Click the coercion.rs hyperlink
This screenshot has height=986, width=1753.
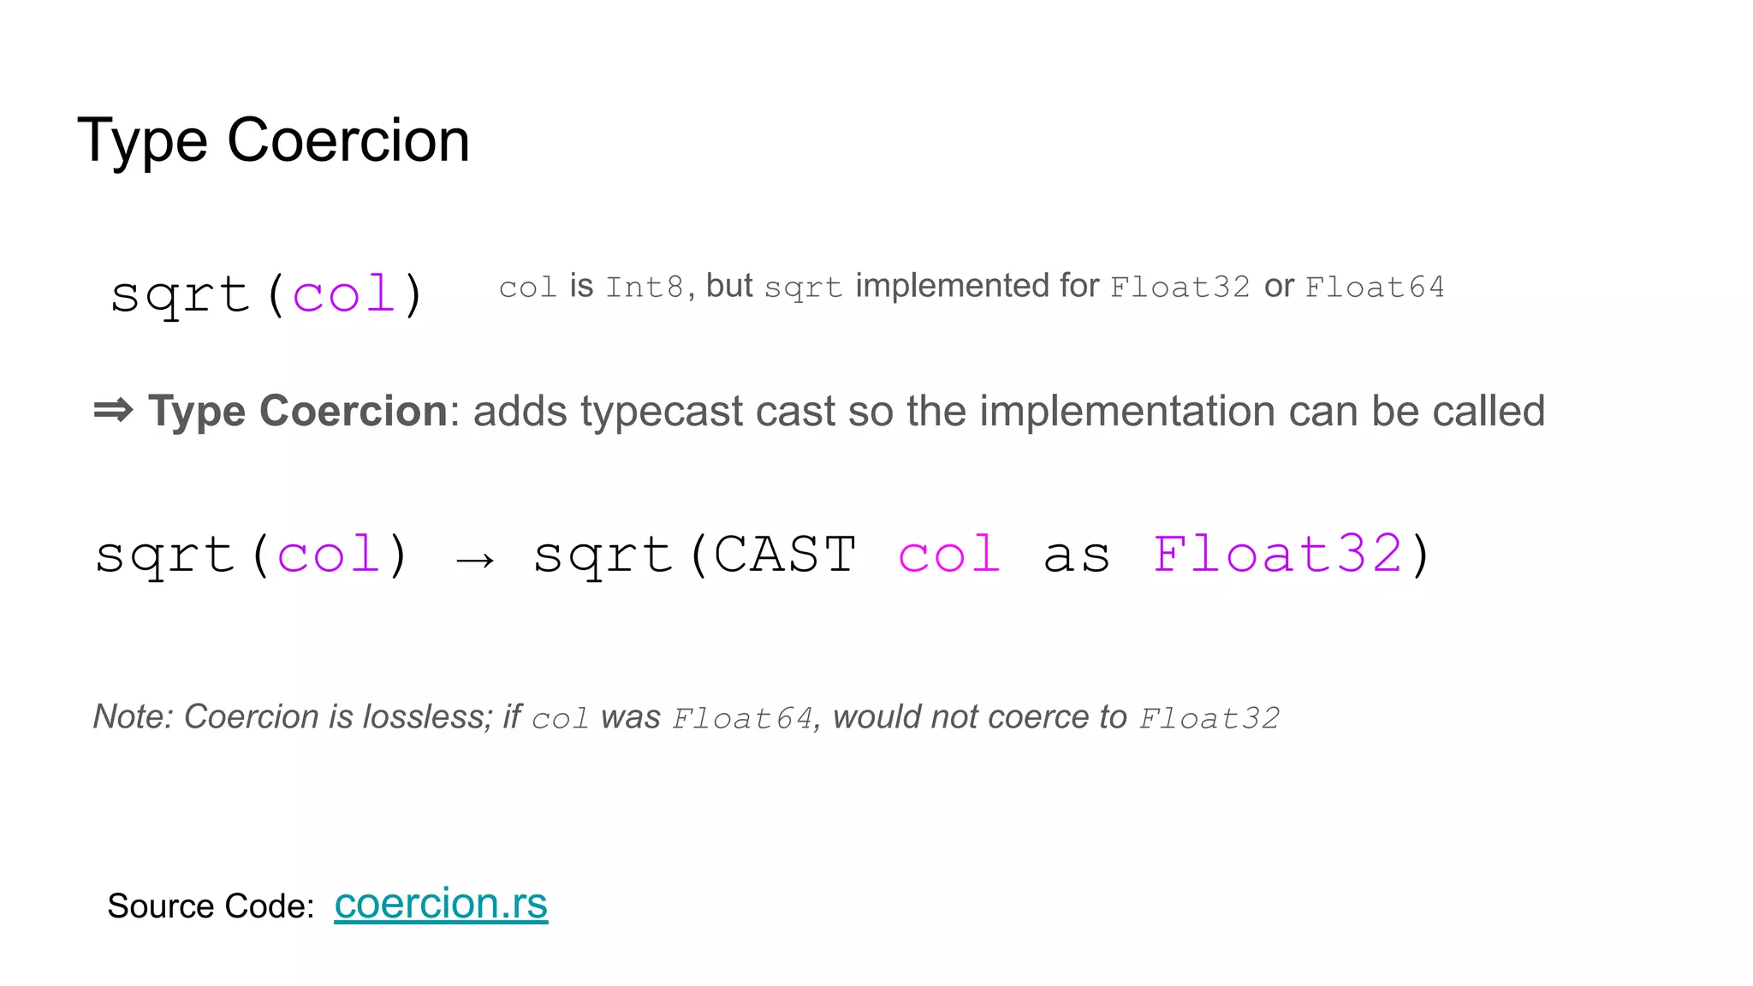pos(440,904)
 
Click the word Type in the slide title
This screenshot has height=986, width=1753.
pos(142,141)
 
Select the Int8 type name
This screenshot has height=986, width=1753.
pos(645,287)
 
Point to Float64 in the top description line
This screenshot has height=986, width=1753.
pos(1375,287)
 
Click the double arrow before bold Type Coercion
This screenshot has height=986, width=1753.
pos(113,410)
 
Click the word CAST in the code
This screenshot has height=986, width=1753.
pos(784,555)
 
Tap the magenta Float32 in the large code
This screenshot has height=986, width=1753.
pos(1277,555)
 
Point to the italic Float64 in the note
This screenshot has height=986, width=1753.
pos(742,718)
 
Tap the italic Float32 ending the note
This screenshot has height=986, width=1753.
pos(1209,718)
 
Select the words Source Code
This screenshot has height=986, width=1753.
pos(211,906)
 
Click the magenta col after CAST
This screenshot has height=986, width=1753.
pos(949,555)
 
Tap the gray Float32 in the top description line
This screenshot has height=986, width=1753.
pos(1180,287)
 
